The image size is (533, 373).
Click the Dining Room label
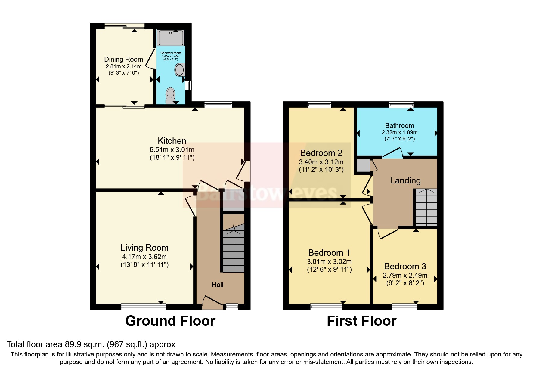pyautogui.click(x=123, y=59)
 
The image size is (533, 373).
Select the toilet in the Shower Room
pyautogui.click(x=171, y=95)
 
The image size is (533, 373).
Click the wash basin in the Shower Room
pyautogui.click(x=180, y=70)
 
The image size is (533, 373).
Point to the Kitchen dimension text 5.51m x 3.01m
pyautogui.click(x=172, y=150)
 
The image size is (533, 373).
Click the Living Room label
pyautogui.click(x=144, y=248)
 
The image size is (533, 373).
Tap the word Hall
pyautogui.click(x=217, y=285)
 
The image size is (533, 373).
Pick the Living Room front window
pyautogui.click(x=144, y=307)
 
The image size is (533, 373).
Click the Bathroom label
pyautogui.click(x=399, y=125)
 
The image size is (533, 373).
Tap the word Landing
pyautogui.click(x=405, y=180)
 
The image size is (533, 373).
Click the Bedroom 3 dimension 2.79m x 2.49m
pyautogui.click(x=405, y=275)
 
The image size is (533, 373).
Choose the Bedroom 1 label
pyautogui.click(x=329, y=253)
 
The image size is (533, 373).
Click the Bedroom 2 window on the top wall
pyautogui.click(x=319, y=105)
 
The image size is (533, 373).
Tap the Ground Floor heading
pyautogui.click(x=170, y=321)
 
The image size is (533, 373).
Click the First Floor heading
pyautogui.click(x=361, y=321)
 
